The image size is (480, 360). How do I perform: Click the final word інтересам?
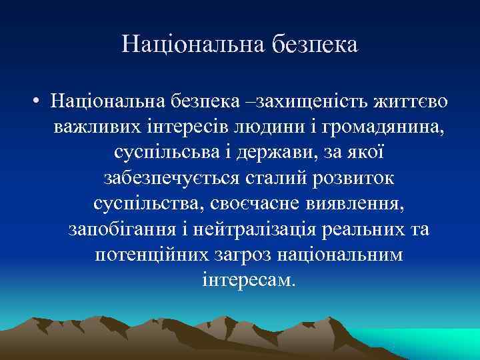tap(246, 279)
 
